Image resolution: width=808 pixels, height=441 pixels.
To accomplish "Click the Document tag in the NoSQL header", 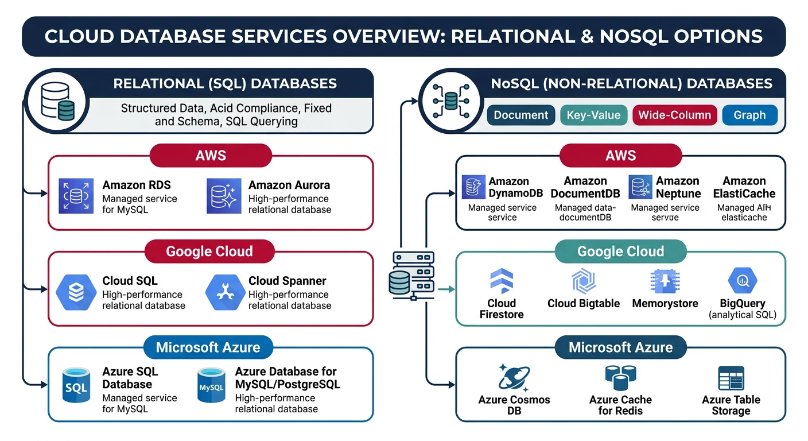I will tap(521, 115).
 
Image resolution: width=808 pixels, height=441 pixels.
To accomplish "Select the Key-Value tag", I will tap(593, 115).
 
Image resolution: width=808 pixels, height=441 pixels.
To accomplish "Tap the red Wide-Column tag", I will tap(675, 115).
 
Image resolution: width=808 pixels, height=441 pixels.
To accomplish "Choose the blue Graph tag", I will tap(749, 115).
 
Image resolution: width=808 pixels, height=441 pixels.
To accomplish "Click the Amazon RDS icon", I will tap(76, 196).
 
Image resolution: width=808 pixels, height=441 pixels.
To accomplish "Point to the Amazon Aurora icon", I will tap(223, 196).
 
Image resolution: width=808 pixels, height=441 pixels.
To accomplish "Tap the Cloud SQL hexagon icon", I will tap(76, 292).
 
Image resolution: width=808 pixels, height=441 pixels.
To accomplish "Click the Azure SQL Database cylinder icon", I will tap(76, 386).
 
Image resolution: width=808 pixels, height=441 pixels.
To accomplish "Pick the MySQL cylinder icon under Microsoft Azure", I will tap(211, 386).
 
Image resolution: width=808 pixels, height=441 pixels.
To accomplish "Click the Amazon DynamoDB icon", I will tap(474, 187).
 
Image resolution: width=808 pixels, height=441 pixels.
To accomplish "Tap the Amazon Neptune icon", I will tap(640, 187).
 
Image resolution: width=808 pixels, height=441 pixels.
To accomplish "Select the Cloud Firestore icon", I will tap(502, 281).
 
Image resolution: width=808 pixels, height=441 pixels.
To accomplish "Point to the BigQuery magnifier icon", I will tap(742, 281).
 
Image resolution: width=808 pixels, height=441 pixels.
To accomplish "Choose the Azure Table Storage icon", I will tap(731, 378).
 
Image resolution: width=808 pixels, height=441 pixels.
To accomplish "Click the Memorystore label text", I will tap(665, 303).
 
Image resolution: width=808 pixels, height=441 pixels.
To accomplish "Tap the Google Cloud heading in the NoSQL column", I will tap(620, 252).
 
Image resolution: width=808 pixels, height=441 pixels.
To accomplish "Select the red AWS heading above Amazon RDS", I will tap(210, 156).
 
